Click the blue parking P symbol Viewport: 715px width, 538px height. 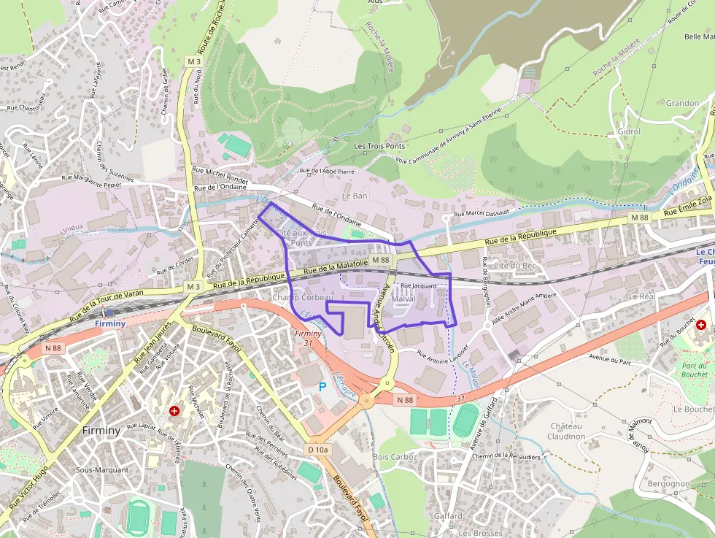[x=322, y=386]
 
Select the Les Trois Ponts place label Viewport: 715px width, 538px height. [x=379, y=146]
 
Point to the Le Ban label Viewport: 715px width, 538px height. [x=355, y=196]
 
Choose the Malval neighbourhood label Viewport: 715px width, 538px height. [x=403, y=300]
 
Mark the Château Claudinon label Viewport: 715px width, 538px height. [x=566, y=431]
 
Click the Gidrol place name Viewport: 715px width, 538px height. [x=629, y=131]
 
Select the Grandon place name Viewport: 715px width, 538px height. [x=682, y=103]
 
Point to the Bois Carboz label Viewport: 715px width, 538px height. [x=395, y=457]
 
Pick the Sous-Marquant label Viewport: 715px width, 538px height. [x=101, y=470]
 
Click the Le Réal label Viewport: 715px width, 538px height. [x=642, y=296]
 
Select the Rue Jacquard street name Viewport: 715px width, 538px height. [x=418, y=285]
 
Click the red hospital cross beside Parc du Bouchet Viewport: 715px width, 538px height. [x=701, y=324]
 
